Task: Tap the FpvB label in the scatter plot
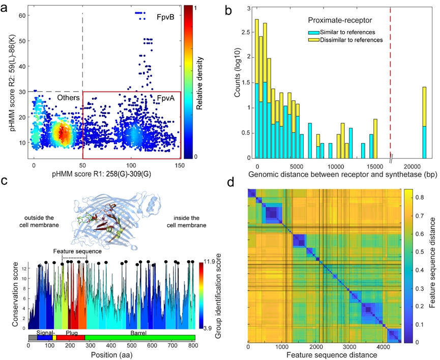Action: [165, 17]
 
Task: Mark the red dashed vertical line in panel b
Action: [390, 81]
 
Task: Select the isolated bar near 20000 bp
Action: [425, 123]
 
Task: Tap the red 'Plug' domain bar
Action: [71, 338]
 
